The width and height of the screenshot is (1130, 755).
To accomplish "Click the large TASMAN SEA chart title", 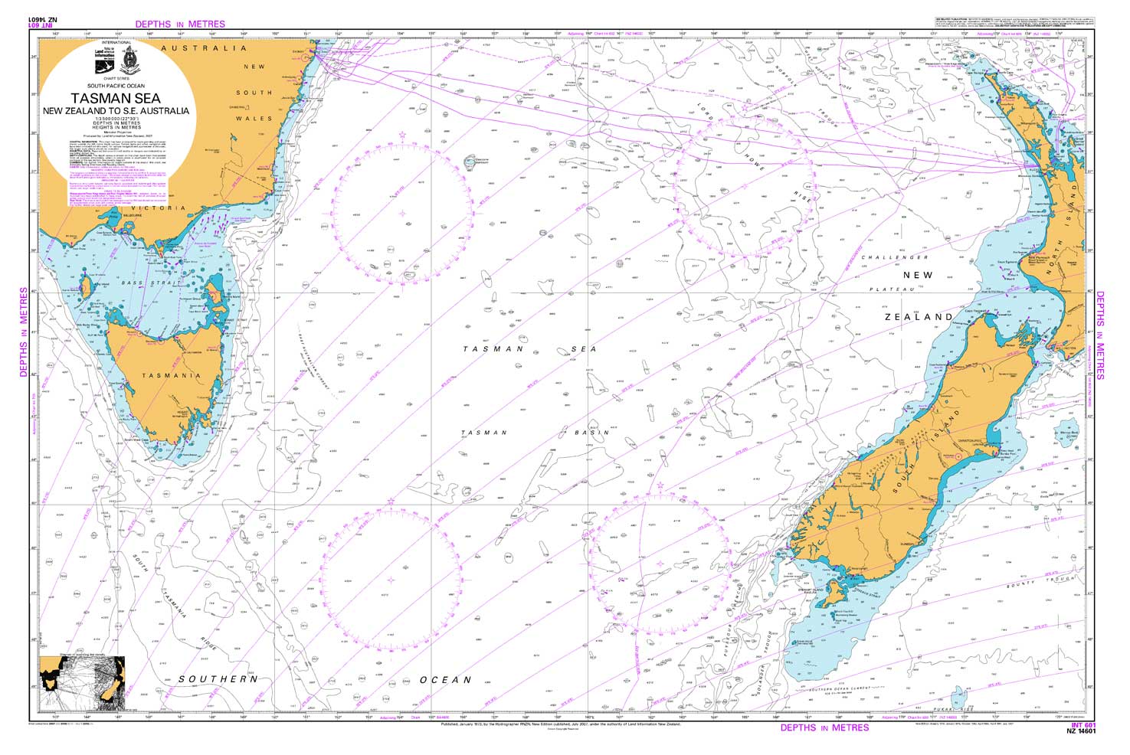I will (116, 98).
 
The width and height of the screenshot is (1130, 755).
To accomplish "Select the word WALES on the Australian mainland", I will (254, 119).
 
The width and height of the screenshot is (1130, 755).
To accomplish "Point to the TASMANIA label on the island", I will (171, 375).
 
